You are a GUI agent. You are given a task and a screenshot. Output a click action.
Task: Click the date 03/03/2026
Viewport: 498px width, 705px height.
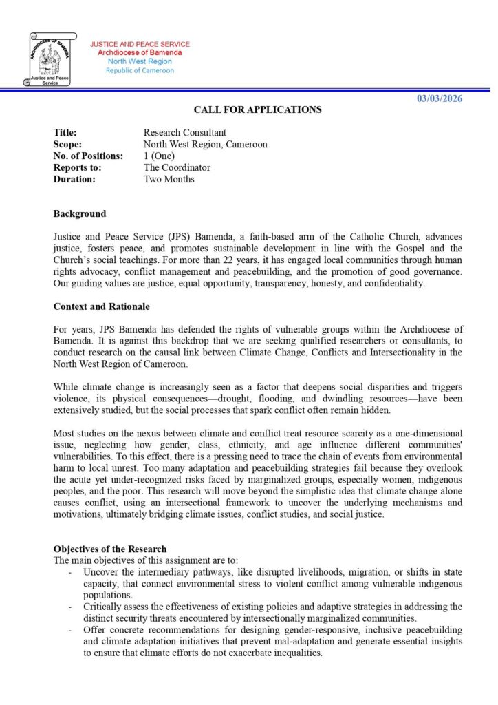[x=439, y=98]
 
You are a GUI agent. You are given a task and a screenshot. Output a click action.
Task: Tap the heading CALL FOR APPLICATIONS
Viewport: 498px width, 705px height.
[x=257, y=109]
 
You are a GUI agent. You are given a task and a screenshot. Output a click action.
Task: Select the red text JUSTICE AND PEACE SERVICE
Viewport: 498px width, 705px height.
[x=140, y=45]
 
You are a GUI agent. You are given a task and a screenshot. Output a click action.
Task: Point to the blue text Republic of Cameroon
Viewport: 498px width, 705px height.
[x=140, y=71]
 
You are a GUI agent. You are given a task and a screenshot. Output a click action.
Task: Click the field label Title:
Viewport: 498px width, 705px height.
[x=65, y=132]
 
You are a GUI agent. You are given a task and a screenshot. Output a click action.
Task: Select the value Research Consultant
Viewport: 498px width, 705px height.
[x=184, y=132]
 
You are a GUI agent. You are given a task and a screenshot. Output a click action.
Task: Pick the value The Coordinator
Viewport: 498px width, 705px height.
[x=177, y=167]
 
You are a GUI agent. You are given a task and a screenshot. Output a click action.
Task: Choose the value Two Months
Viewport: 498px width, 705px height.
[x=169, y=179]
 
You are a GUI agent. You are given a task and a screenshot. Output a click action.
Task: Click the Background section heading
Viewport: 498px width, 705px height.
[x=80, y=214]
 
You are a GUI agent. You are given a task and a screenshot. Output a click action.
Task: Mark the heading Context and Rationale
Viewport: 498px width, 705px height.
[x=101, y=306]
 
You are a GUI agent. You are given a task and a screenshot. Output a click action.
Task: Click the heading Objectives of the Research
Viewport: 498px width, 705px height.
[x=110, y=549]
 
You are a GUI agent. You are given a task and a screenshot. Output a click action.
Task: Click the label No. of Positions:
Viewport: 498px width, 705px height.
[x=88, y=156]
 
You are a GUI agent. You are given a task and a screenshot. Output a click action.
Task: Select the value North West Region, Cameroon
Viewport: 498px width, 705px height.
[x=205, y=144]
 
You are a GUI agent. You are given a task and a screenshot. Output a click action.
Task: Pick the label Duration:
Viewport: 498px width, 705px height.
[x=74, y=179]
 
